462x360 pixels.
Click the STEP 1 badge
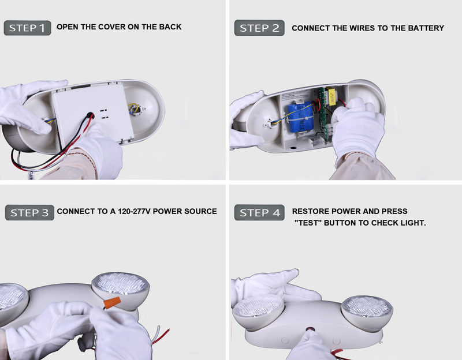(x=27, y=28)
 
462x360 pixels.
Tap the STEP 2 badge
(x=259, y=28)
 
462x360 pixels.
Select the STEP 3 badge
(x=29, y=212)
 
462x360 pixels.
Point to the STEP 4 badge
(x=259, y=212)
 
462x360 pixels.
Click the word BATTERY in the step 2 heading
(x=426, y=28)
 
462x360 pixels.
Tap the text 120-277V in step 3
(x=134, y=211)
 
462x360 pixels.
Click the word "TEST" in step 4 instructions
(x=308, y=223)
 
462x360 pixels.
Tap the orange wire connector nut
(x=112, y=303)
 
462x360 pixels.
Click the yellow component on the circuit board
(x=332, y=96)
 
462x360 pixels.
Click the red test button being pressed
(x=310, y=329)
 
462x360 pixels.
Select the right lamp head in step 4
(x=367, y=313)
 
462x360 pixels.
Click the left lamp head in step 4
(x=258, y=311)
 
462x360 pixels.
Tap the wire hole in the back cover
(x=91, y=115)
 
